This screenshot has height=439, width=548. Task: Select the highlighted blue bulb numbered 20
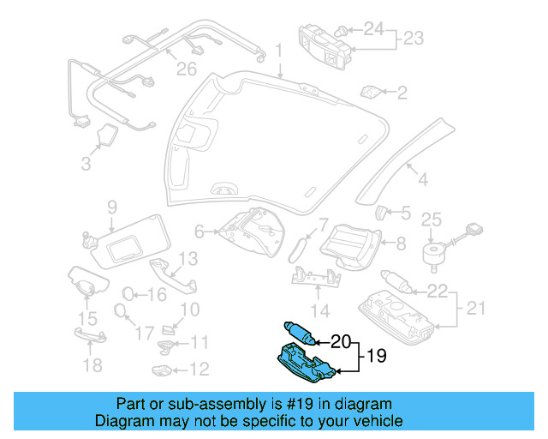click(x=299, y=332)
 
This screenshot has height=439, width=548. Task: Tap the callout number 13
click(x=188, y=257)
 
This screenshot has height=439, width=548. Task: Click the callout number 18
click(x=92, y=366)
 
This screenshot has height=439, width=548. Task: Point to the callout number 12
click(x=199, y=370)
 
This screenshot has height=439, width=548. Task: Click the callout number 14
click(x=319, y=310)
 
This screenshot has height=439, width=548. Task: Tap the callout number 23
click(x=414, y=39)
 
